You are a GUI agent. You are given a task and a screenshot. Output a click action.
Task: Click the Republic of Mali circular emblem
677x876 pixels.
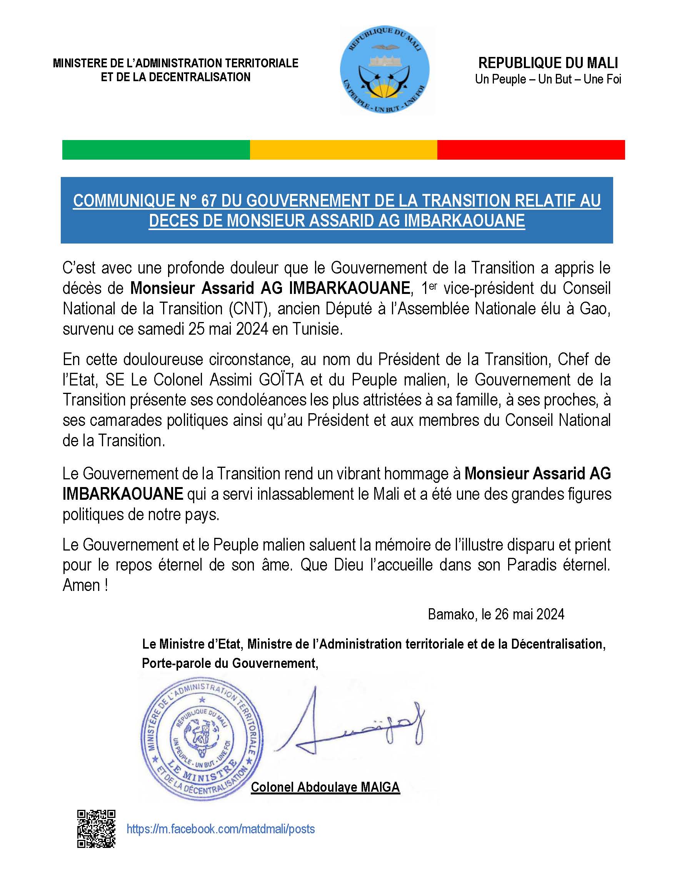point(385,70)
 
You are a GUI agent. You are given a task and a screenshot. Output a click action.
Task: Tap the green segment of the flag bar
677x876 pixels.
point(156,150)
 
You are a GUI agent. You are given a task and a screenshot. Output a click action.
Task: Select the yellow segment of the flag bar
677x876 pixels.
point(344,150)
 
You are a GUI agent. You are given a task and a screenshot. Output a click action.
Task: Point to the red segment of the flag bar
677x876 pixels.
point(530,150)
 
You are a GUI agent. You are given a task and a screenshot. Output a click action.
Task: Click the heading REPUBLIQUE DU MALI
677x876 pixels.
point(548,63)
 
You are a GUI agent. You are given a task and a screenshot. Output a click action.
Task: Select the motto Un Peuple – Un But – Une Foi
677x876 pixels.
point(548,79)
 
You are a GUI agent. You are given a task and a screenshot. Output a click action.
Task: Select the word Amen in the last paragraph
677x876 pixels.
point(82,586)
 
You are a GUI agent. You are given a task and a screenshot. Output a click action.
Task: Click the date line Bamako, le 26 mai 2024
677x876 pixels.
point(496,614)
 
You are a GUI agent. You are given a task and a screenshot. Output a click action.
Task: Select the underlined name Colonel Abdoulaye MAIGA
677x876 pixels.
point(325,787)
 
